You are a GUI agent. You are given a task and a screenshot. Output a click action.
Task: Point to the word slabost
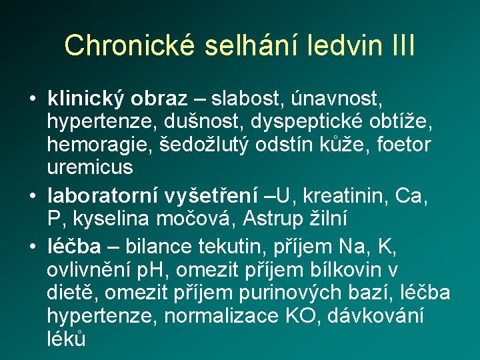[x=246, y=99]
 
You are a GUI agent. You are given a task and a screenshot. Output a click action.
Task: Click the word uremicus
[x=90, y=167]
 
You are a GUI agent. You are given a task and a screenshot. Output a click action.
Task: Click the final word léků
[x=67, y=338]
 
